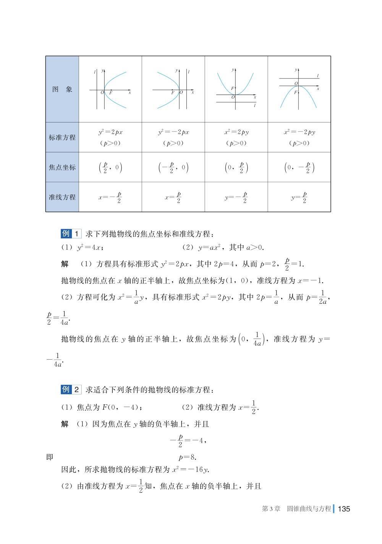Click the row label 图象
[62, 90]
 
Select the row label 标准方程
[62, 138]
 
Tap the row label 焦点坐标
[62, 167]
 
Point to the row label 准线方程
[62, 197]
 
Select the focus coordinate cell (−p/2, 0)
[173, 168]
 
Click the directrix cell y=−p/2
[236, 197]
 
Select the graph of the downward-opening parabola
[299, 90]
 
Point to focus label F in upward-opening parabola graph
[232, 89]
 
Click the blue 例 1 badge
[71, 234]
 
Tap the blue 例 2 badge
[71, 389]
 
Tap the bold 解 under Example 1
[65, 264]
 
